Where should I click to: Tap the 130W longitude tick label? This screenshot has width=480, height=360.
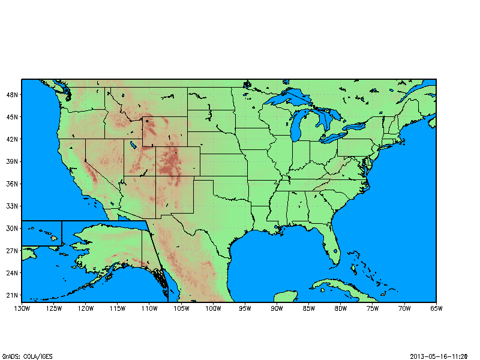coord(22,308)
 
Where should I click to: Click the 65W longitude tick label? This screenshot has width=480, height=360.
coord(436,308)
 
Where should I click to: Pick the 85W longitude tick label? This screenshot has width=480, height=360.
coord(308,308)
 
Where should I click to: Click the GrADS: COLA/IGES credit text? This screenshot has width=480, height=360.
coord(27,356)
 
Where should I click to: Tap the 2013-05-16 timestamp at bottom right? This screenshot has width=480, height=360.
coord(439,356)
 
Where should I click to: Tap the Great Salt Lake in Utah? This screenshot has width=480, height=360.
coord(130,145)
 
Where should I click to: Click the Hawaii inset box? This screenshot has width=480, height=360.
coord(41,233)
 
